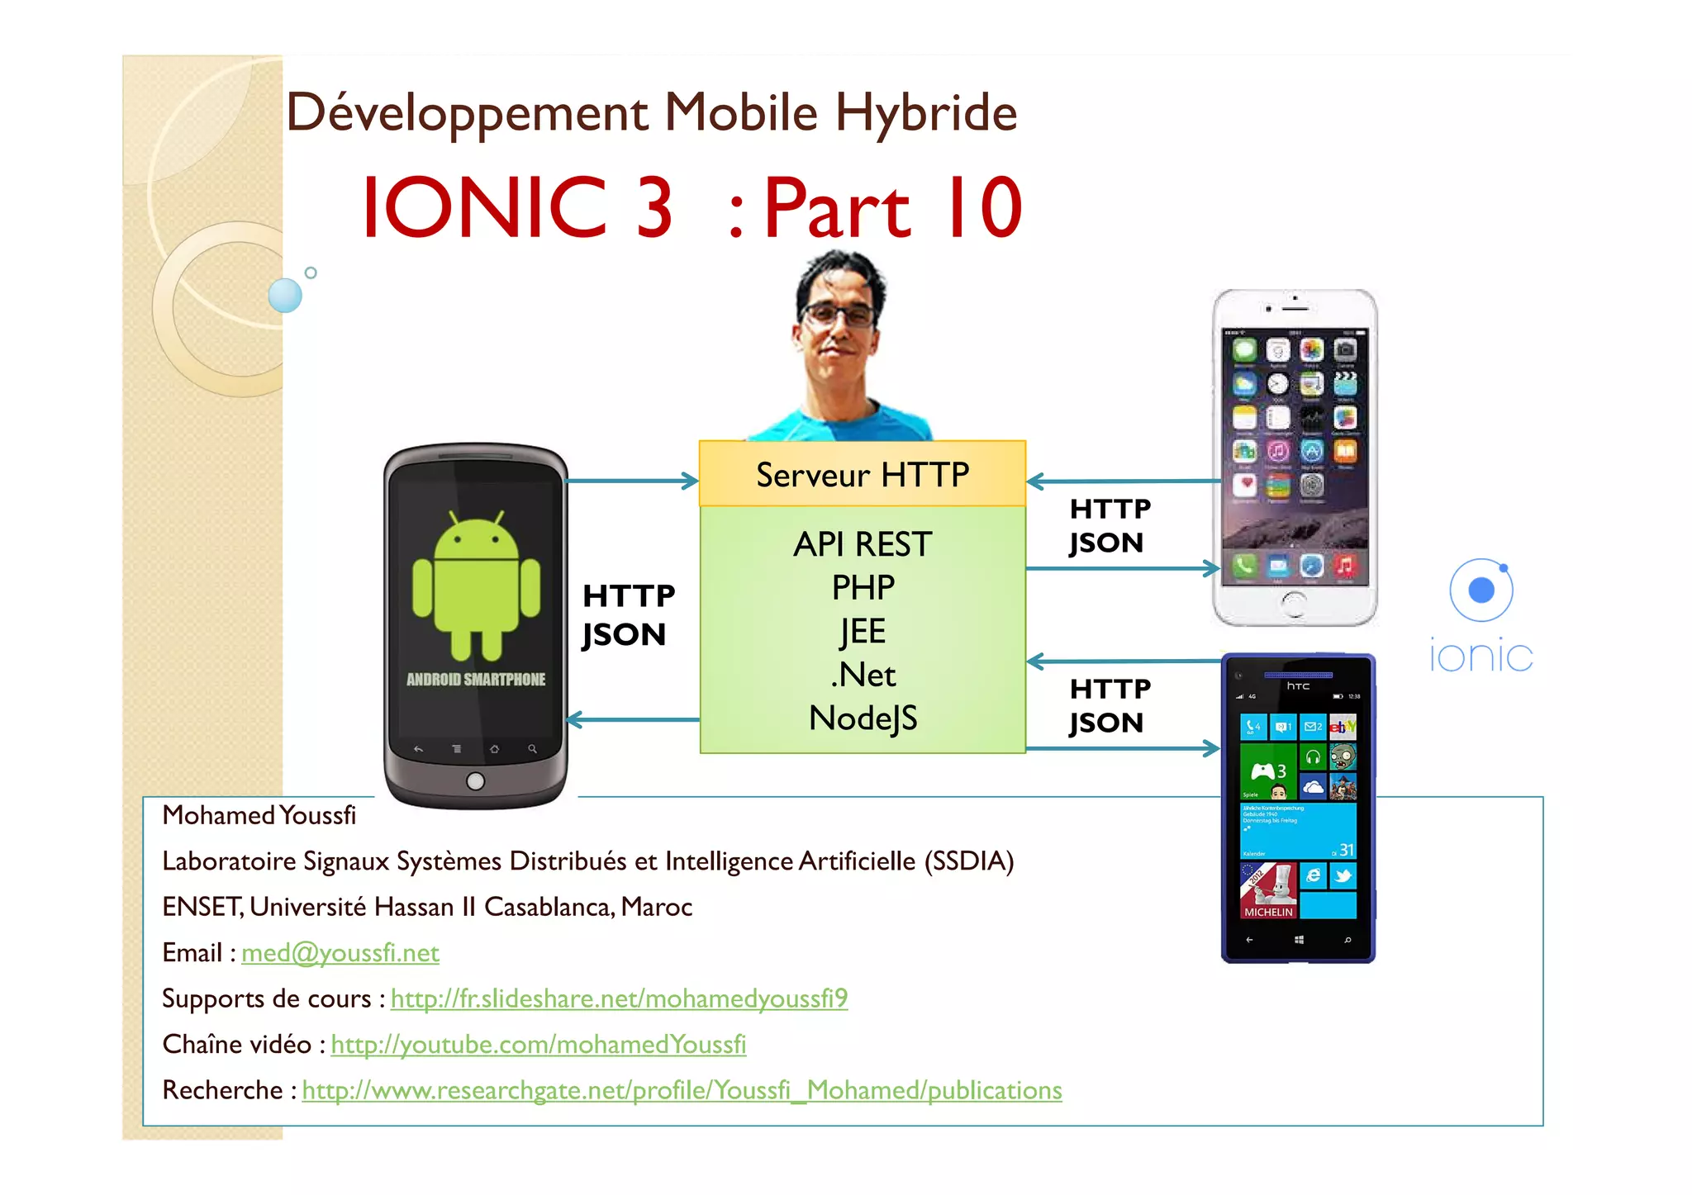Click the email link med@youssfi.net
tap(340, 953)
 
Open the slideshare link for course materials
tap(619, 998)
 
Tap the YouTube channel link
tap(538, 1045)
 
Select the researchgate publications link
tap(682, 1090)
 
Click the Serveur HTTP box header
tap(862, 474)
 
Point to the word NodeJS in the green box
tap(863, 718)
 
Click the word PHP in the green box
tap(863, 587)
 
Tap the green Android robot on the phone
tap(476, 584)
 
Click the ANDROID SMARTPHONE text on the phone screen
tap(476, 680)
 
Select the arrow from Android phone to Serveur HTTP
tap(632, 481)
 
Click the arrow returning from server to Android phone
tap(632, 720)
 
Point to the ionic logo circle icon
tap(1481, 590)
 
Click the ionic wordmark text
tap(1480, 657)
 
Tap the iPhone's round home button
tap(1294, 604)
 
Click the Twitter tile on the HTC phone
tap(1343, 875)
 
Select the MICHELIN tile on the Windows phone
tap(1268, 890)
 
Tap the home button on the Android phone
tap(475, 780)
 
